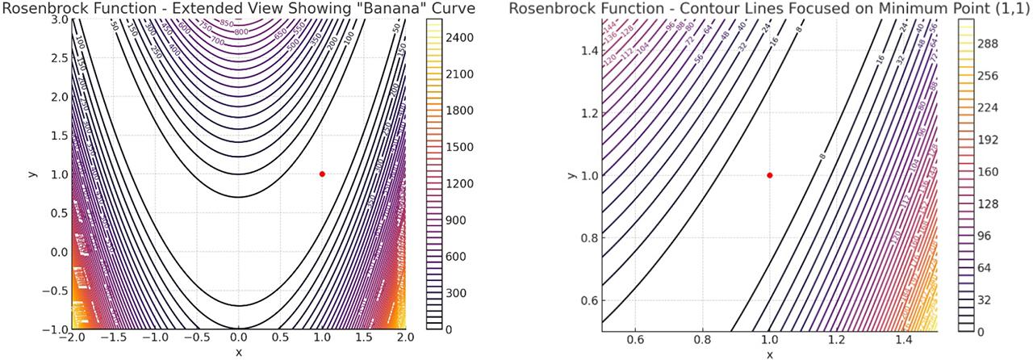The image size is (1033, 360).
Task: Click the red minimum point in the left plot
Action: [x=322, y=174]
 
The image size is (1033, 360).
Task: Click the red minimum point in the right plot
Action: [x=770, y=175]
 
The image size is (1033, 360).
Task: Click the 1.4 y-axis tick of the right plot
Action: [x=587, y=50]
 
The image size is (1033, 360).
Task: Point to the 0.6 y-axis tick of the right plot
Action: [x=587, y=300]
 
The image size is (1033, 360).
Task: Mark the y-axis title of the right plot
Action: [x=570, y=175]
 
